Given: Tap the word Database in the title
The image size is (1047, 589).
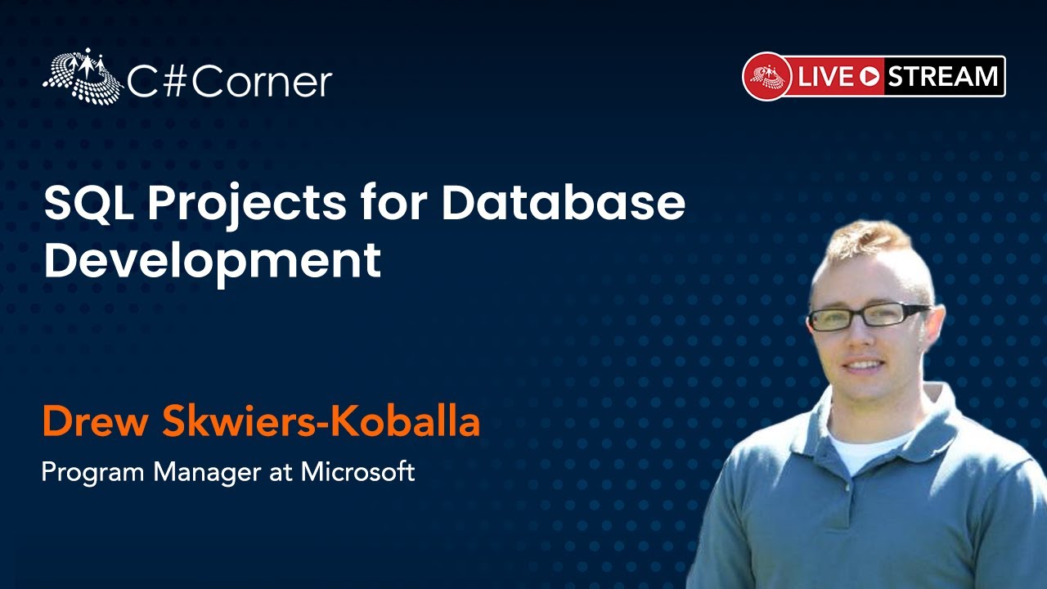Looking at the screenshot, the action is [564, 203].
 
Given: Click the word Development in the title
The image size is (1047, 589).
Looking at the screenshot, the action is [213, 261].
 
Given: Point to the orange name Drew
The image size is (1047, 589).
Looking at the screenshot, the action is [95, 421].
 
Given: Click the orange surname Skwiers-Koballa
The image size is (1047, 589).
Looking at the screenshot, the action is [321, 421].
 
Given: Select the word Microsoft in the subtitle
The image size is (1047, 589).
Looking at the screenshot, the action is [357, 471].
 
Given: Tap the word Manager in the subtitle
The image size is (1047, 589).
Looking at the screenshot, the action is [208, 473].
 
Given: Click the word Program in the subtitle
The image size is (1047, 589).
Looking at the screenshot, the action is [93, 473].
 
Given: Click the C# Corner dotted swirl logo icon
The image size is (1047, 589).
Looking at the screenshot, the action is [83, 75].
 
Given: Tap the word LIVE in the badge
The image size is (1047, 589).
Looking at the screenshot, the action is [826, 77].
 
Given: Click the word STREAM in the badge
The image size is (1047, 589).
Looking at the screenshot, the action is [942, 76].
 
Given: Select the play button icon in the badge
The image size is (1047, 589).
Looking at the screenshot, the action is [870, 77].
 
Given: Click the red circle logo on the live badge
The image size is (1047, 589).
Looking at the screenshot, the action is [767, 76].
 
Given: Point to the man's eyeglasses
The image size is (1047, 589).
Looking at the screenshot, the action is [868, 316].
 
